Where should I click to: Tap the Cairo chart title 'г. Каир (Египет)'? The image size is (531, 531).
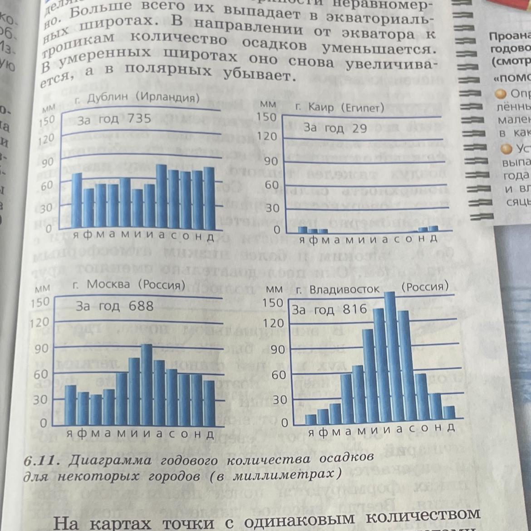coord(339,108)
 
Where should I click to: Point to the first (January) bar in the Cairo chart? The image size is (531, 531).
coord(303,229)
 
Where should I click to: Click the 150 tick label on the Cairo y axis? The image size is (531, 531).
coord(266,117)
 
